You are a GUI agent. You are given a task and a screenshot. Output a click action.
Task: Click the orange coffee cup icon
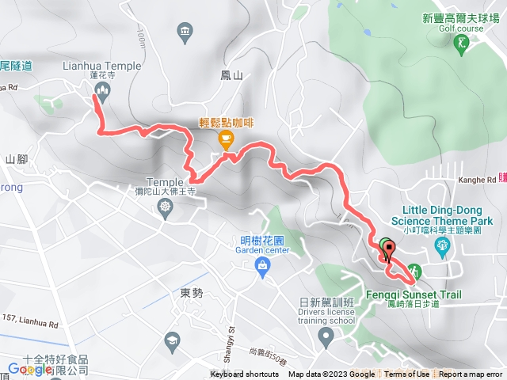point(226,140)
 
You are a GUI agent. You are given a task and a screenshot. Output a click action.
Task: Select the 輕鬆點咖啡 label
point(226,123)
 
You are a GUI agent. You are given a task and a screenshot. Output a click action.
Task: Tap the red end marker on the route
point(389,250)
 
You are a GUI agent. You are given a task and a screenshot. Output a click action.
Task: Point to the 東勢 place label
point(192,293)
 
